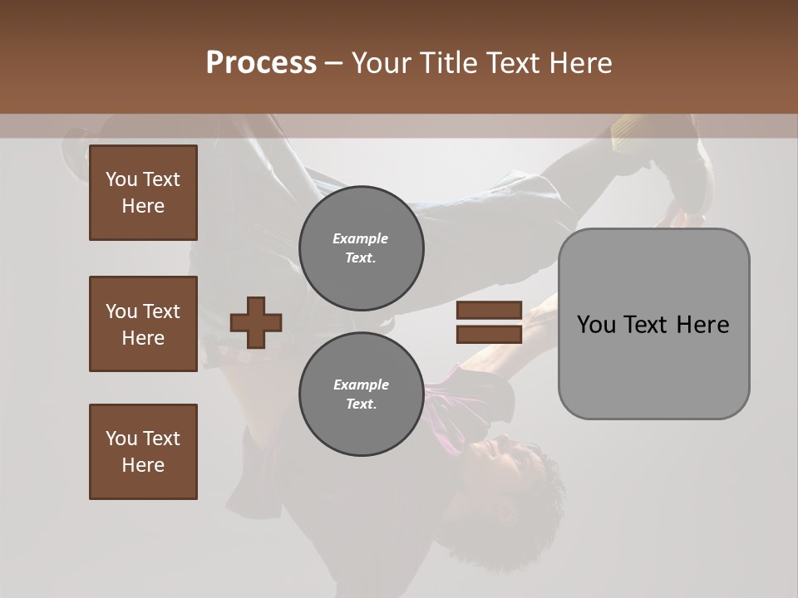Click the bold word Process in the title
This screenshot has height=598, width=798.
click(x=261, y=63)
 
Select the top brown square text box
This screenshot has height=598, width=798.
click(x=143, y=193)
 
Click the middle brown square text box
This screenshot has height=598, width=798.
click(x=143, y=324)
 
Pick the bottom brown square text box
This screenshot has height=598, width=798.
click(x=143, y=452)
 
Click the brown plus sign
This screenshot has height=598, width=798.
click(x=255, y=322)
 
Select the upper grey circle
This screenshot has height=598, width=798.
click(x=361, y=248)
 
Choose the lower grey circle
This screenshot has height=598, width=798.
click(x=361, y=395)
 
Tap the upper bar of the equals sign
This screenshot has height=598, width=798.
click(x=489, y=311)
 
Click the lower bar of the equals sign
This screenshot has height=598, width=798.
click(x=489, y=334)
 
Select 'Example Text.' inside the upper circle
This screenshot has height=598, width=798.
click(x=361, y=248)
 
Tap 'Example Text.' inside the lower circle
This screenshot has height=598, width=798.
click(x=361, y=395)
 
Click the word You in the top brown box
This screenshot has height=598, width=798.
click(x=120, y=179)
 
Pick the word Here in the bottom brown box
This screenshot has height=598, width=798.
click(x=143, y=465)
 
